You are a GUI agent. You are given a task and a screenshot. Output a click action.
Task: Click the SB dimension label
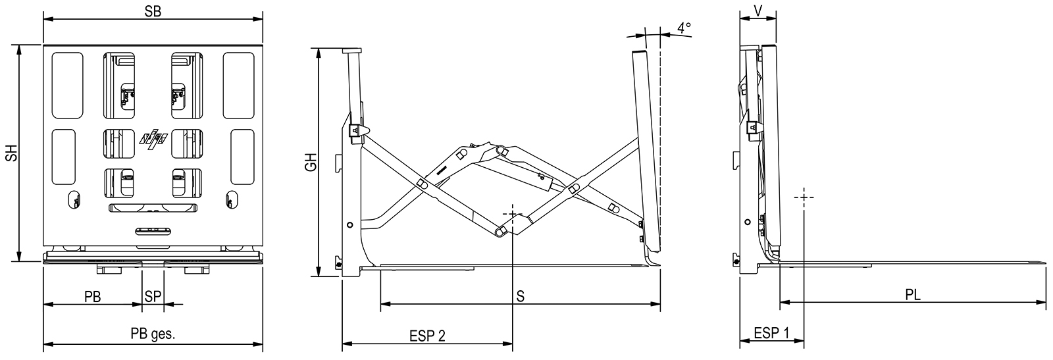coord(153,12)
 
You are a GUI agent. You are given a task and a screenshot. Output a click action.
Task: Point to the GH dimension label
coord(311,161)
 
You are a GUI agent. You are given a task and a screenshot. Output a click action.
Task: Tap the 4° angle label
coord(684,28)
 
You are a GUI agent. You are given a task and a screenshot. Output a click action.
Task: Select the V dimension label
coord(758,11)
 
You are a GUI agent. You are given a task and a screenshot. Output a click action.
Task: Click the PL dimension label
coord(913,295)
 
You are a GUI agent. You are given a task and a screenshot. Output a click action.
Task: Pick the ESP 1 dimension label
coord(771,333)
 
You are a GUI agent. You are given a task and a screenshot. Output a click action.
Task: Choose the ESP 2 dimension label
coord(427,336)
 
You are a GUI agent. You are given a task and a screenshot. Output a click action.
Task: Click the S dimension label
coord(520,296)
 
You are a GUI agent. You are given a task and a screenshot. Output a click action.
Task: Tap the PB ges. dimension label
coord(153,334)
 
